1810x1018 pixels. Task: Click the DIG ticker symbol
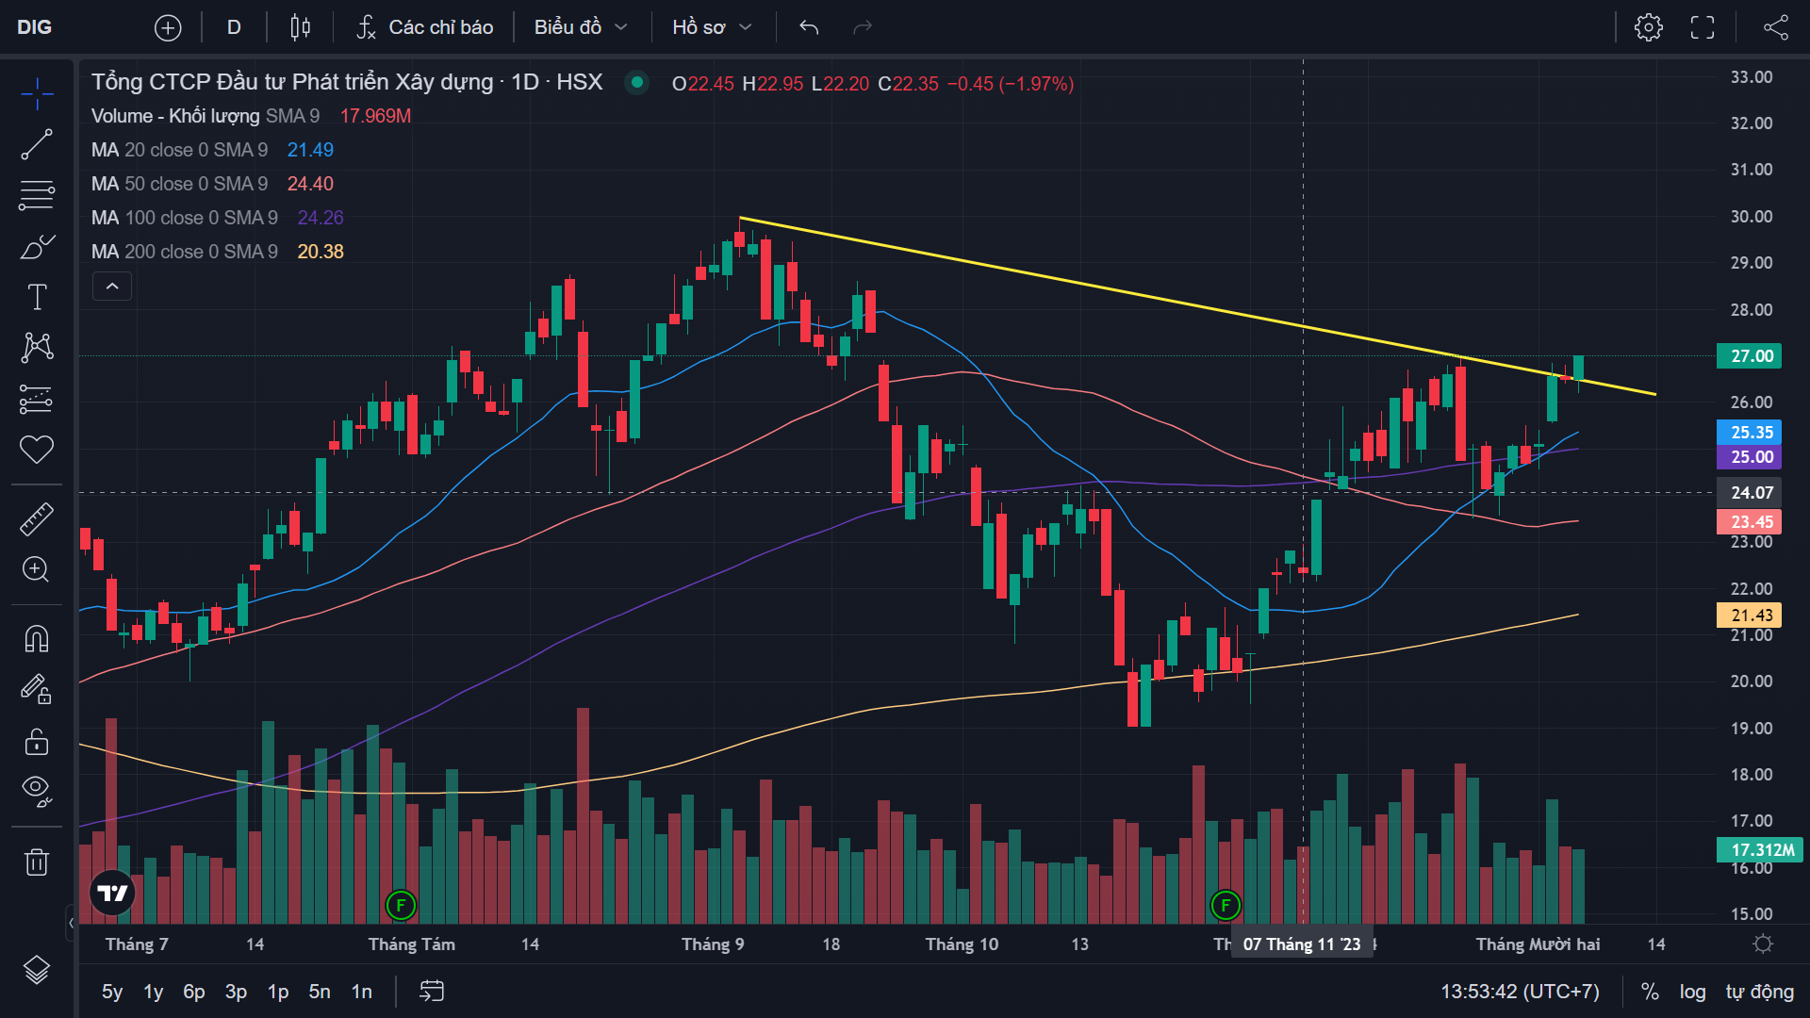pos(35,27)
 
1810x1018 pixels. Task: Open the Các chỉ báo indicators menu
pos(425,27)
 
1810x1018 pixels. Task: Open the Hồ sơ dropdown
pos(711,27)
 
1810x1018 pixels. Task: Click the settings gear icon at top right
pos(1648,27)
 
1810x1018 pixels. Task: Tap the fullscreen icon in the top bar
pos(1702,27)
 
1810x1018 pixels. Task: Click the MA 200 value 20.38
pos(321,252)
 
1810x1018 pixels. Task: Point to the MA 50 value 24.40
pos(310,184)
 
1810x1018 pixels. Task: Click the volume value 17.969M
pos(375,116)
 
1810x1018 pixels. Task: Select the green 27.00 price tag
pos(1750,356)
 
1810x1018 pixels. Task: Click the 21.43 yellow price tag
pos(1750,616)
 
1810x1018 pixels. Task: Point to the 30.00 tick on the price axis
pos(1751,217)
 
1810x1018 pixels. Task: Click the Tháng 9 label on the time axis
pos(713,944)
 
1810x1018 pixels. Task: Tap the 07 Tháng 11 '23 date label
pos(1301,944)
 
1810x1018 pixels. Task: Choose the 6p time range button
pos(193,992)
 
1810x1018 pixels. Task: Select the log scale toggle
pos(1692,992)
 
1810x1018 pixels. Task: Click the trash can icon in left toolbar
pos(37,862)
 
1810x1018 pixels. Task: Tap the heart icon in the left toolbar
pos(37,450)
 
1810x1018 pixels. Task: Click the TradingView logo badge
pos(112,893)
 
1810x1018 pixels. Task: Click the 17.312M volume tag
pos(1759,850)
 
